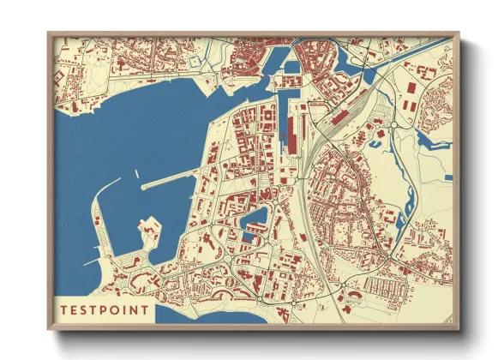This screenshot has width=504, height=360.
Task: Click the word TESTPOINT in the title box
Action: (x=104, y=309)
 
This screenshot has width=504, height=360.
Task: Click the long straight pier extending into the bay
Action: (x=171, y=182)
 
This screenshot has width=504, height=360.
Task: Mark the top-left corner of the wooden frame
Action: (x=49, y=33)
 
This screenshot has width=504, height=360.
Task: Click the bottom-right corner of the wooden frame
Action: (x=458, y=330)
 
